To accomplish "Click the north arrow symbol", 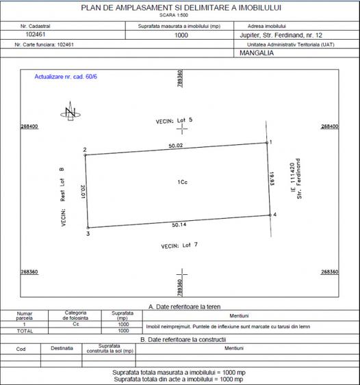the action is (70, 113).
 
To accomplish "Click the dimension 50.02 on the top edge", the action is (177, 145).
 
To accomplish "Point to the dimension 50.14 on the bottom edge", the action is (180, 224).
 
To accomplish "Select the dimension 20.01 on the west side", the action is (82, 193).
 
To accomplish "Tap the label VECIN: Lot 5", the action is (175, 120).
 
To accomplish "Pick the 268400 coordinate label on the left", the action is (29, 127).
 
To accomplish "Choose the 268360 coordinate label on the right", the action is (329, 271).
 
